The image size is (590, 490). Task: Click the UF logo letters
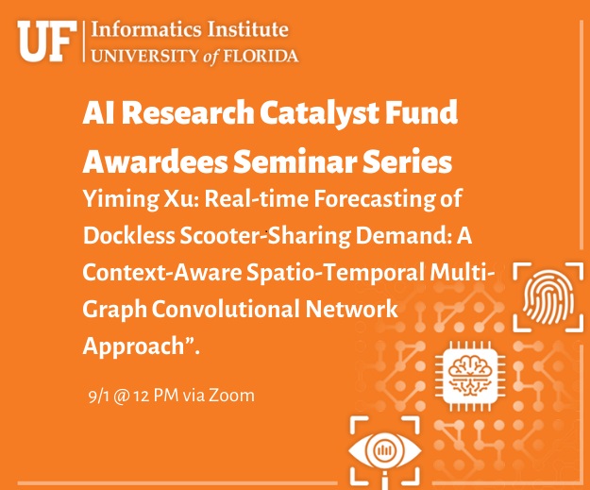pyautogui.click(x=47, y=42)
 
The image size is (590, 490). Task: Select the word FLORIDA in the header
pyautogui.click(x=261, y=56)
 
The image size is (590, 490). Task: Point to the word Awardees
pyautogui.click(x=155, y=161)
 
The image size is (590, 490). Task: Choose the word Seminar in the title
pyautogui.click(x=295, y=161)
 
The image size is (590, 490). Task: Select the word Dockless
pyautogui.click(x=129, y=236)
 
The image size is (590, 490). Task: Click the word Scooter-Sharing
pyautogui.click(x=265, y=237)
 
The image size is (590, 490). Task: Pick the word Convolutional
pyautogui.click(x=226, y=310)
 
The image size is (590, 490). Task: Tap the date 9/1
pyautogui.click(x=98, y=397)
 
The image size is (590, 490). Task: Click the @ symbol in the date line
pyautogui.click(x=121, y=397)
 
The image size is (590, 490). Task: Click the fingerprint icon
pyautogui.click(x=548, y=297)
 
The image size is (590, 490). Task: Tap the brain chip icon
pyautogui.click(x=470, y=376)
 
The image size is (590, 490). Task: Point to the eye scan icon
pyautogui.click(x=384, y=451)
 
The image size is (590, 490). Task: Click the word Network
pyautogui.click(x=351, y=310)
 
